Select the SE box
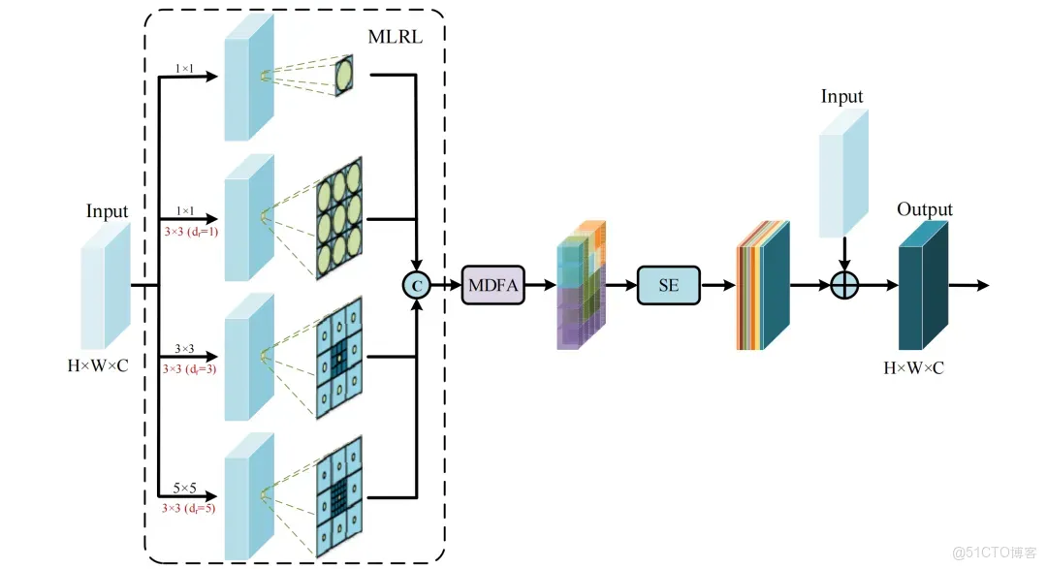(668, 285)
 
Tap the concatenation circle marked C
(416, 285)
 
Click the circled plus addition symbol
(845, 286)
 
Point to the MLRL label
(396, 37)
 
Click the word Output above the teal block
(924, 209)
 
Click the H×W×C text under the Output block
(920, 368)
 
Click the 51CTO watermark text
(995, 553)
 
